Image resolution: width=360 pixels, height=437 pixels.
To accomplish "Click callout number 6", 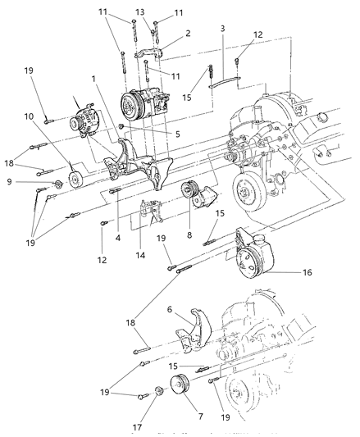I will coord(171,310).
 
